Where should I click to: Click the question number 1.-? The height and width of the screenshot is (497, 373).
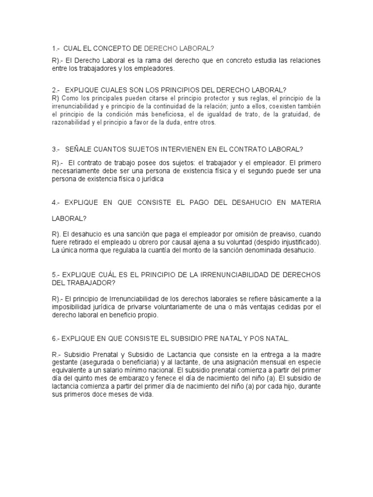point(55,49)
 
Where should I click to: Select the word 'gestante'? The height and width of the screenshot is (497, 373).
point(65,362)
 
